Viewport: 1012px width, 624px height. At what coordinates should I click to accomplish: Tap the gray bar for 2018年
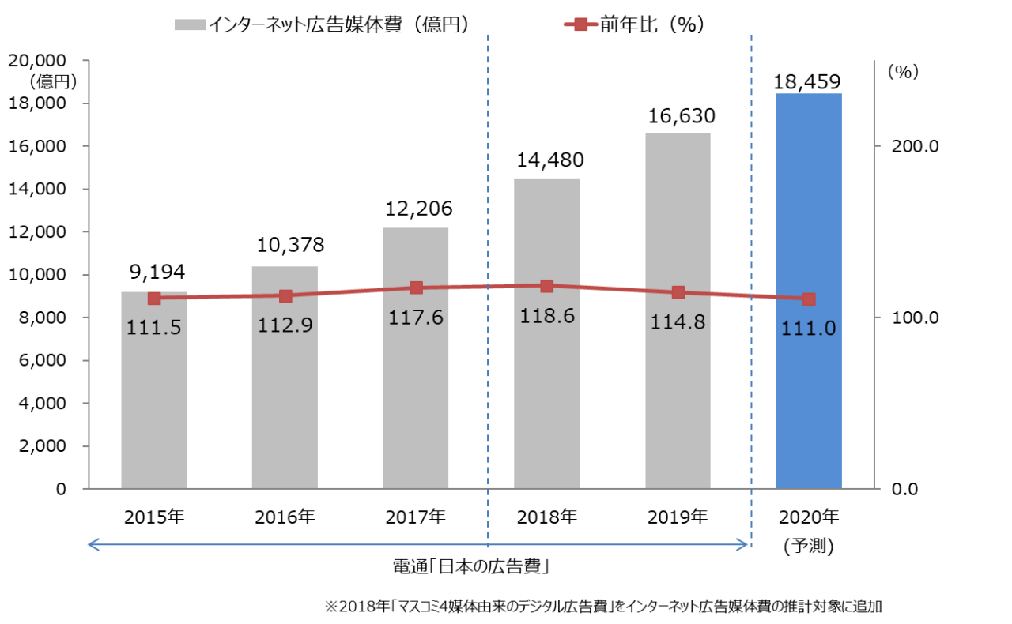546,395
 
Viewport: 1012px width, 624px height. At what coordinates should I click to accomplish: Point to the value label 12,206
419,209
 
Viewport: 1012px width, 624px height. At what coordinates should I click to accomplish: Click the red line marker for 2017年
417,288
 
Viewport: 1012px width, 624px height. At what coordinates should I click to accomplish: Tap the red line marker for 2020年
809,299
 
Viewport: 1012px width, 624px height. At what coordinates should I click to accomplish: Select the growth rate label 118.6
547,316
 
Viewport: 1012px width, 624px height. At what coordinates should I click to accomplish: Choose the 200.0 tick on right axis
915,147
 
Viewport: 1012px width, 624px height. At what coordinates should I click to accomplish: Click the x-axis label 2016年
285,517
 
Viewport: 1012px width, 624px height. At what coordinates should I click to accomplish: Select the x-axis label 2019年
678,517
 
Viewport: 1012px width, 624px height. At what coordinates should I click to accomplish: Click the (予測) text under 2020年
808,545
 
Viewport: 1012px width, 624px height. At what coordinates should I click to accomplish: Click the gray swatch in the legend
190,25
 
